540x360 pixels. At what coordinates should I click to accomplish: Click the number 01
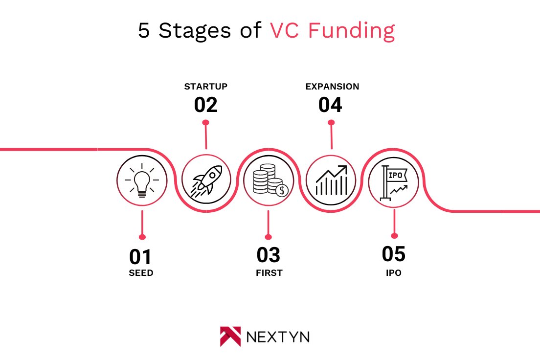pyautogui.click(x=140, y=257)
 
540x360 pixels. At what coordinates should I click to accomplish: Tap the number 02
pyautogui.click(x=205, y=105)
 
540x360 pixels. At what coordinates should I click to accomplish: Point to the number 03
pyautogui.click(x=269, y=256)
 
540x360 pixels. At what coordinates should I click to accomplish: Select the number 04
pyautogui.click(x=330, y=105)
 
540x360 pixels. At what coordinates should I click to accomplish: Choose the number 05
pyautogui.click(x=394, y=254)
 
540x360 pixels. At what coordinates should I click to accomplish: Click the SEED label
pyautogui.click(x=141, y=273)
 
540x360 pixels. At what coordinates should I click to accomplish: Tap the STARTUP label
pyautogui.click(x=205, y=87)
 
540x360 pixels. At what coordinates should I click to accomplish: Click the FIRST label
pyautogui.click(x=269, y=273)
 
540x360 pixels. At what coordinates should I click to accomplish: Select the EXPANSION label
pyautogui.click(x=332, y=87)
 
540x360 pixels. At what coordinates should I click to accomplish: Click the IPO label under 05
pyautogui.click(x=393, y=273)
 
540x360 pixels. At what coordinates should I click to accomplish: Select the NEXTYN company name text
pyautogui.click(x=278, y=337)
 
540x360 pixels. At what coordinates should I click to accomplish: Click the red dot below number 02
pyautogui.click(x=206, y=122)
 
